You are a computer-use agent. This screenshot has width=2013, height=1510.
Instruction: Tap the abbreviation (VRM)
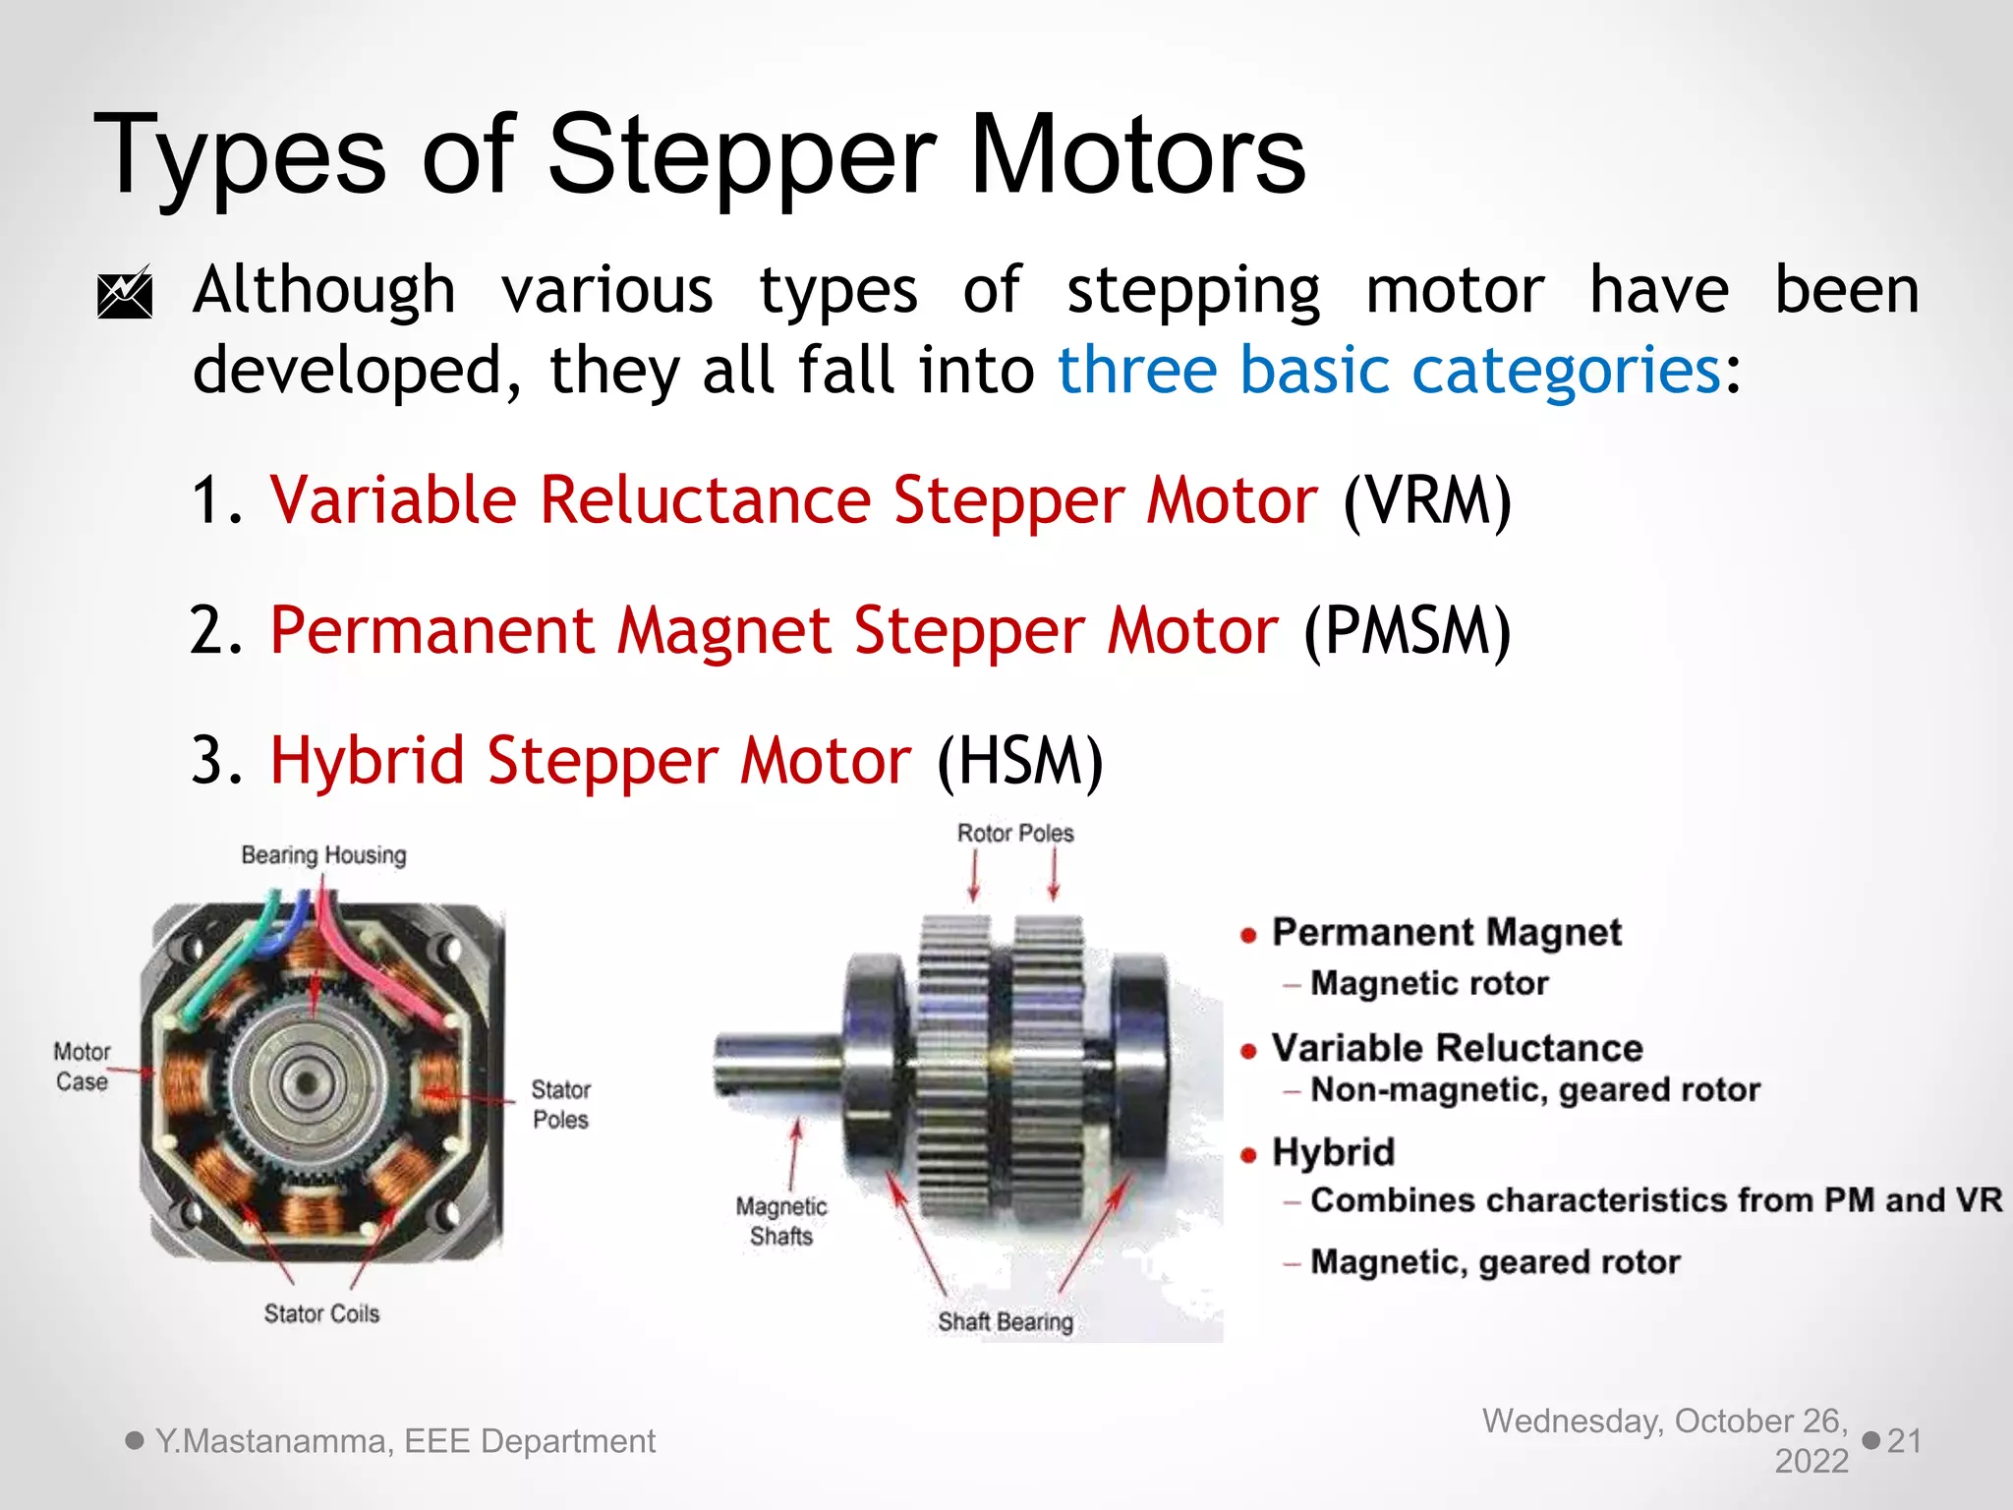[1426, 501]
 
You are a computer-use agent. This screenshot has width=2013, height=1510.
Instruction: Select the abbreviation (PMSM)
[1407, 631]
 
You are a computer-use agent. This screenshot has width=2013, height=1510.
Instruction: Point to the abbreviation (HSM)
[1020, 762]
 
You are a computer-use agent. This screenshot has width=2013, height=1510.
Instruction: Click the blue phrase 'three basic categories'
[1389, 372]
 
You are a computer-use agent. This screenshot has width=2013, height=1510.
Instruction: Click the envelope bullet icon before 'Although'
[125, 293]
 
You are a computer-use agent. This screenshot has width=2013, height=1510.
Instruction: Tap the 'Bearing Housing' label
[323, 855]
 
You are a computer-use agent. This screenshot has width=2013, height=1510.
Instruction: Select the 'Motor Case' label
[82, 1067]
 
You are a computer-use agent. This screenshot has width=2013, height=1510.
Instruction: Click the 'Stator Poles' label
[560, 1104]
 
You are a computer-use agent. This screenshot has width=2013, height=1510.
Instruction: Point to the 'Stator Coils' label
[321, 1313]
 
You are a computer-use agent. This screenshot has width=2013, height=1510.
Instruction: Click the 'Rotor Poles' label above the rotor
[1015, 834]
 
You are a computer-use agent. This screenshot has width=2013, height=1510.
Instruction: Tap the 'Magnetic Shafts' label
[781, 1221]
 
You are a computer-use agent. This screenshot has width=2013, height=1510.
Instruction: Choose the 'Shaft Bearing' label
[1005, 1322]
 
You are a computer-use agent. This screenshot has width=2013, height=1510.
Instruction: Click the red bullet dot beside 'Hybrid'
[1248, 1155]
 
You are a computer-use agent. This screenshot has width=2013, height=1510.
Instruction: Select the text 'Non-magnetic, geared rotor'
[1534, 1090]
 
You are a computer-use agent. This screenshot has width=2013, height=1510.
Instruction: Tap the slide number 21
[1904, 1441]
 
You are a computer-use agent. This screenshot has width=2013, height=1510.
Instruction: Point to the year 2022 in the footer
[1811, 1462]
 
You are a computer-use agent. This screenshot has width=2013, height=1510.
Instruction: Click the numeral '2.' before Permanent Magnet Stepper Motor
[216, 631]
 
